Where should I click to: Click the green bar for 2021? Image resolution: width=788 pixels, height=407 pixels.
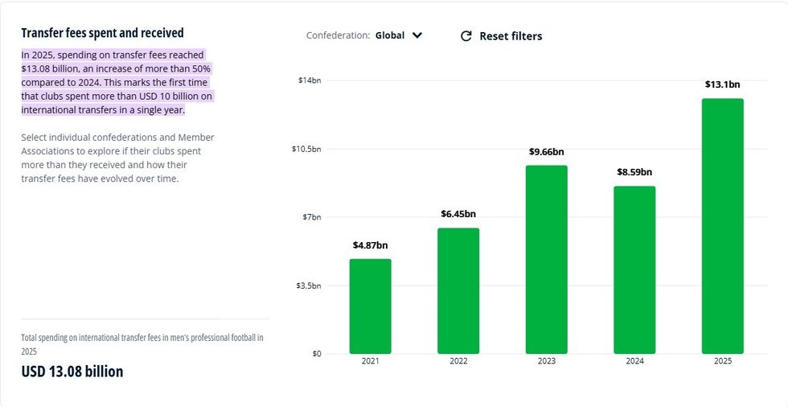click(370, 306)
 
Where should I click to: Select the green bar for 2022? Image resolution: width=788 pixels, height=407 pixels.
click(458, 290)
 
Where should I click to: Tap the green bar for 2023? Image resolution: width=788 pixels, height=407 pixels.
click(547, 259)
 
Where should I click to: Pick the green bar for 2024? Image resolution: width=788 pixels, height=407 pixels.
click(634, 269)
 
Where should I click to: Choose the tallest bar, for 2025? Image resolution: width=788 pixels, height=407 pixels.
click(722, 226)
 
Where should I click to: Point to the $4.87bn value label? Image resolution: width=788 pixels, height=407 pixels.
click(370, 245)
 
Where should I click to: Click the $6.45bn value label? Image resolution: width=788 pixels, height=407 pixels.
click(458, 214)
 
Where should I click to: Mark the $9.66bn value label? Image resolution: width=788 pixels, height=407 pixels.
click(547, 151)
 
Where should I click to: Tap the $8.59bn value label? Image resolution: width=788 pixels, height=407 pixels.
click(634, 172)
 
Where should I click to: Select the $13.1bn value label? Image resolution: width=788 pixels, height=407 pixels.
click(722, 84)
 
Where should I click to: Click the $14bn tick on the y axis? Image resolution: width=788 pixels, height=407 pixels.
click(310, 80)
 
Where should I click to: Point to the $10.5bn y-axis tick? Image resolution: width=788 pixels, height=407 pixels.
click(306, 149)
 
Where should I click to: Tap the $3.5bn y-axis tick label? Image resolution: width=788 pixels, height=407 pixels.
click(309, 286)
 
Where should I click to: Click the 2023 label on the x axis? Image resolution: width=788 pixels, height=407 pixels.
click(547, 362)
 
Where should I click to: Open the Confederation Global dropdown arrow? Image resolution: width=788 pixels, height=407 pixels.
click(417, 35)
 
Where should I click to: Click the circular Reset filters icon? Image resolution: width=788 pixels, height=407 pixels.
click(466, 36)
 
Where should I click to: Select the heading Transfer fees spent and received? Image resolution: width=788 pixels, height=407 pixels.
click(102, 33)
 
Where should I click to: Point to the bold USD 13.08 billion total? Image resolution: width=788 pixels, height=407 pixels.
click(72, 372)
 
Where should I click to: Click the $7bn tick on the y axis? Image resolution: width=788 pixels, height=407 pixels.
click(311, 217)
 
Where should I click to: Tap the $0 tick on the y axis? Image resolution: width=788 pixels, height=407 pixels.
click(316, 354)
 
